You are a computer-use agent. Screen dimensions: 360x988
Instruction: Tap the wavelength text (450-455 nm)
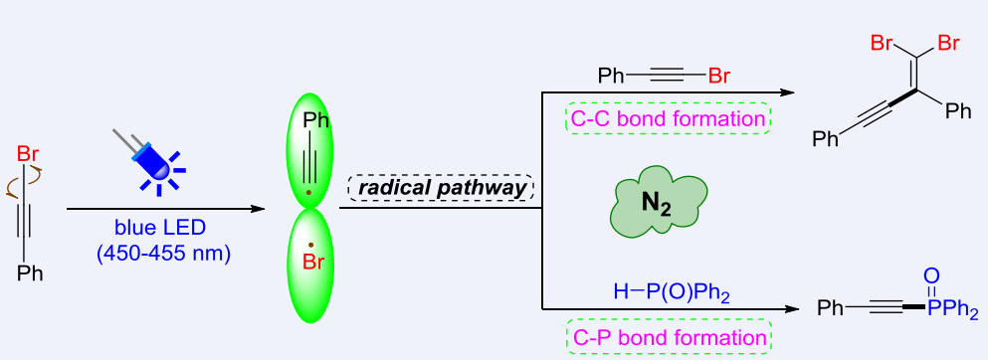pyautogui.click(x=162, y=254)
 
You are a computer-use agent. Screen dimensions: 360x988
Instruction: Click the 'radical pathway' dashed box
pyautogui.click(x=441, y=188)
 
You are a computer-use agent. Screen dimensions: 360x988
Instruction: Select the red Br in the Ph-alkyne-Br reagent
pyautogui.click(x=722, y=75)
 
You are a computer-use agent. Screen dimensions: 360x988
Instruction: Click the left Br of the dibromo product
pyautogui.click(x=882, y=43)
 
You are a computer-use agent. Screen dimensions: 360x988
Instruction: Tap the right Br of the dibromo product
pyautogui.click(x=947, y=43)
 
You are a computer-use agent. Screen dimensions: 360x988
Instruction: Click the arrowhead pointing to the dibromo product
pyautogui.click(x=788, y=92)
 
